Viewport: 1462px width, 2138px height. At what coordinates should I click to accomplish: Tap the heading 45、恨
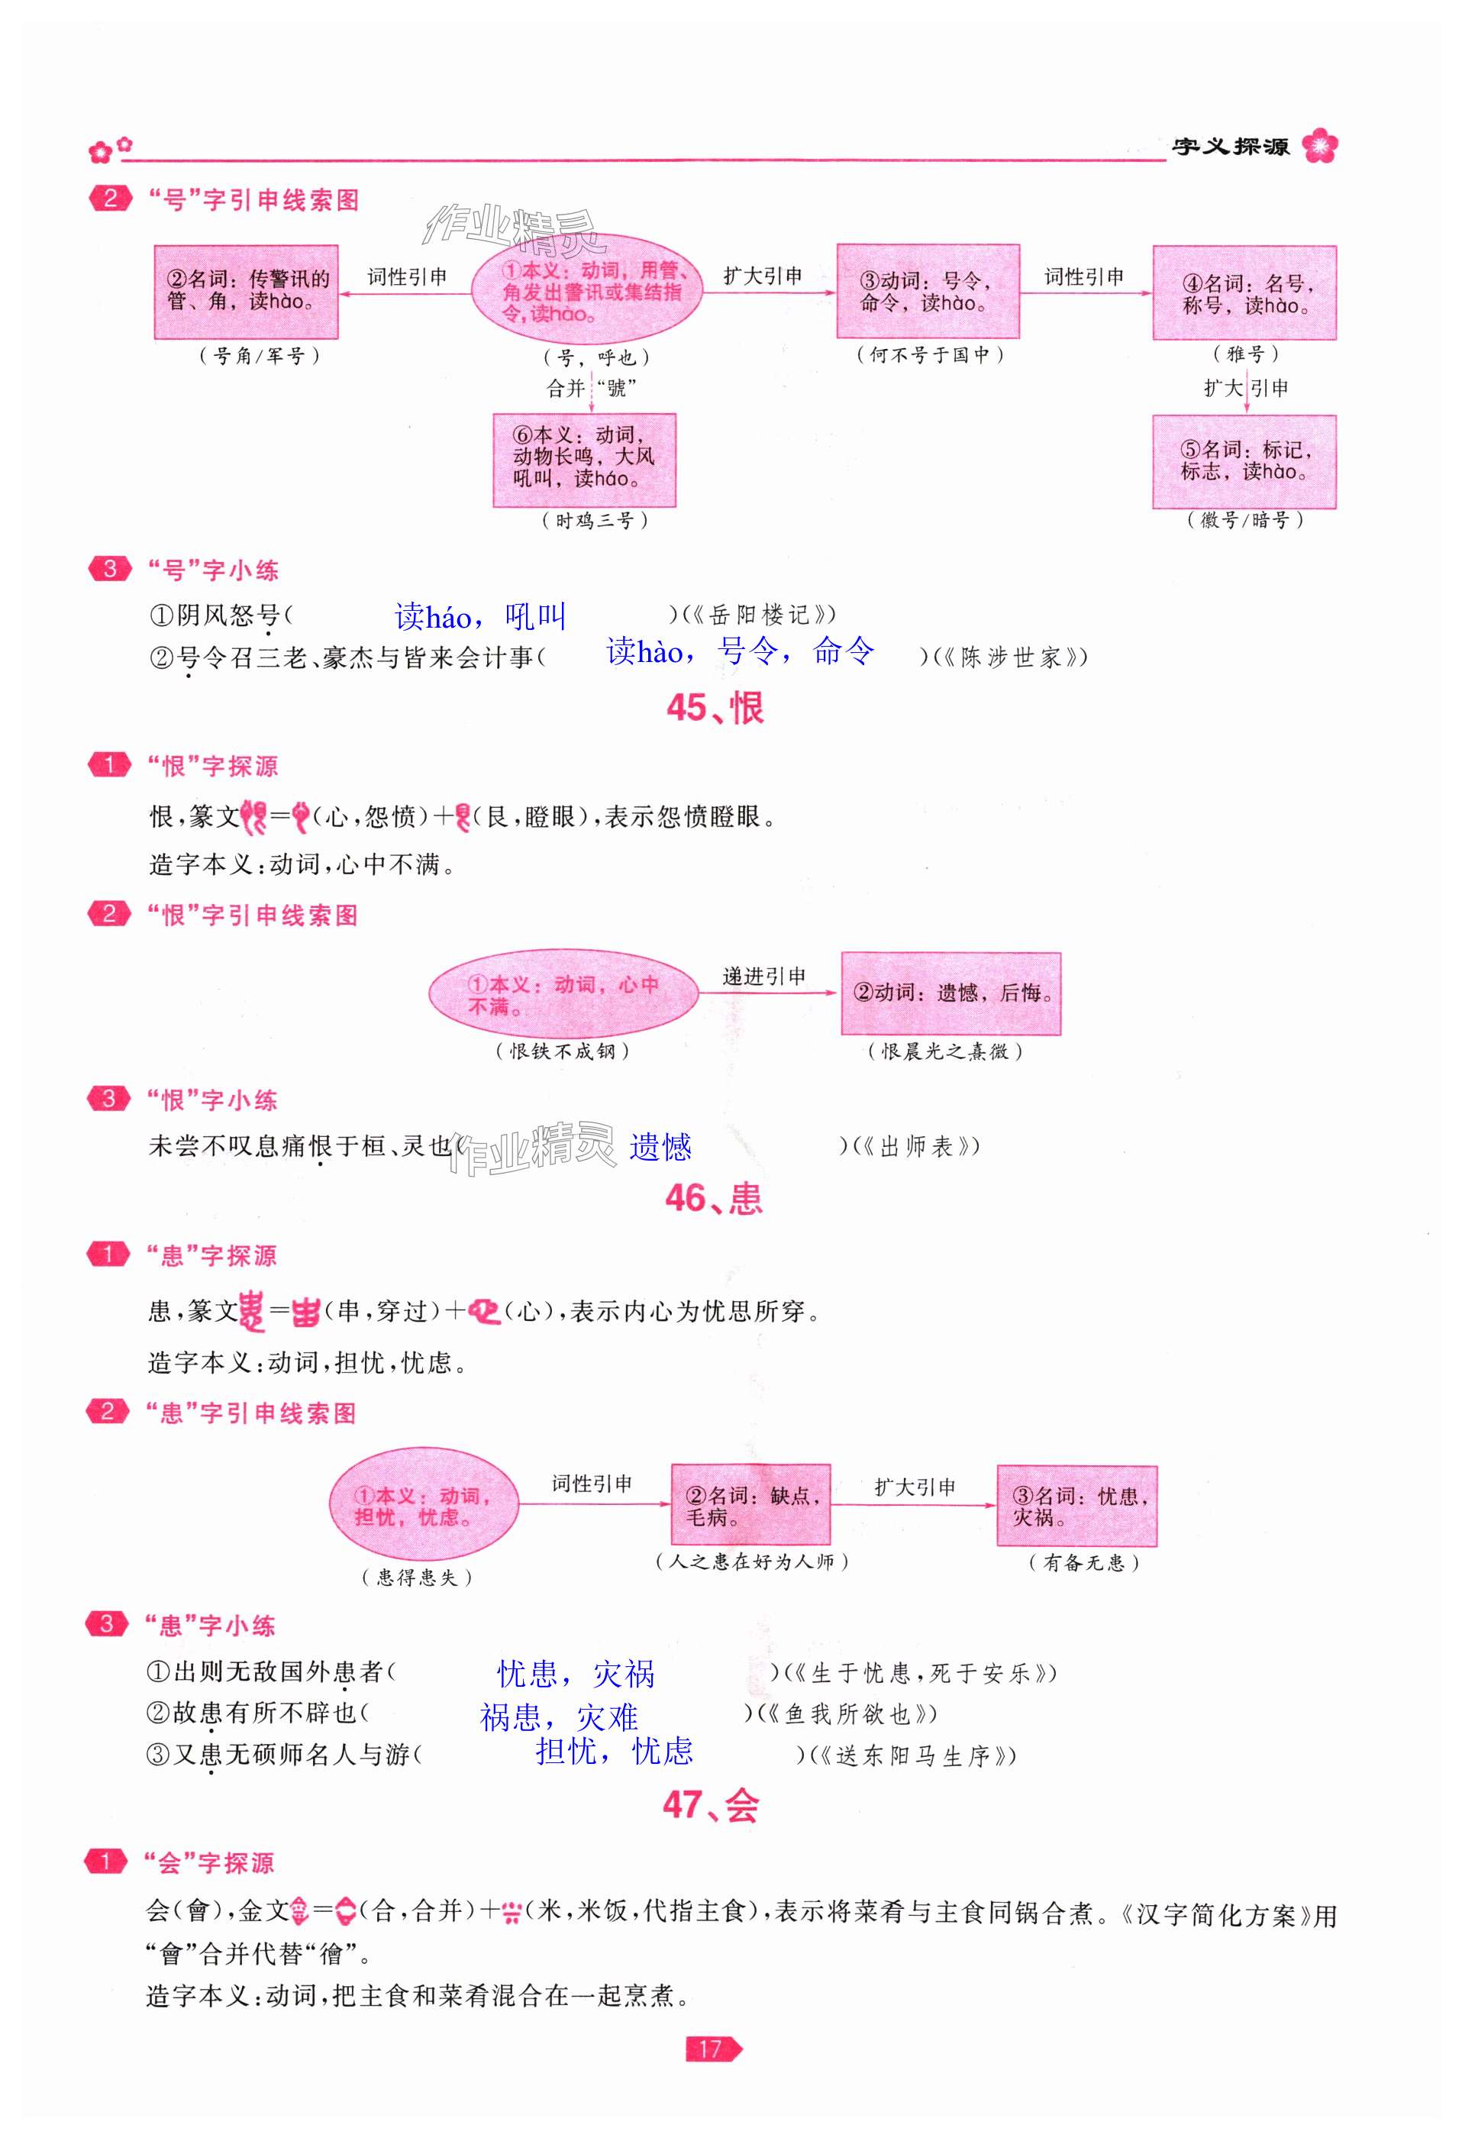tap(715, 709)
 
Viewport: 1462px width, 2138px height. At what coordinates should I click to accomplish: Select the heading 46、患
tap(713, 1198)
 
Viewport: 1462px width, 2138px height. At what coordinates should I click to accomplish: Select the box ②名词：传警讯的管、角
tap(246, 292)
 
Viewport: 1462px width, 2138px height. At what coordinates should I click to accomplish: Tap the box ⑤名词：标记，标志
tap(1243, 461)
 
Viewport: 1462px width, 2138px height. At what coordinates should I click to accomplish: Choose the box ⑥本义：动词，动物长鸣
tap(584, 459)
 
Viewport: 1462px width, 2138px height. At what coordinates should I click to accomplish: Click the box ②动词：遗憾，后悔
tap(950, 993)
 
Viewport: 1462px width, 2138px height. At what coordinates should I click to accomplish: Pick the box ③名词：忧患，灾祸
tap(1076, 1506)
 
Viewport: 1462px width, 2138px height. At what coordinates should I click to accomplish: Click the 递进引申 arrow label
tap(763, 976)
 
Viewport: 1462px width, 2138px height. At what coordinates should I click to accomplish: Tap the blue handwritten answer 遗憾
tap(660, 1146)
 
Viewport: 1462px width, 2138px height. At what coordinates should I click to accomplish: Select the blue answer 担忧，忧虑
tap(614, 1750)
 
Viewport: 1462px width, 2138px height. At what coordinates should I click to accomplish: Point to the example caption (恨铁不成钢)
tap(562, 1051)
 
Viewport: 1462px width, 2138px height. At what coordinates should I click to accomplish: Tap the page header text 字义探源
tap(1229, 147)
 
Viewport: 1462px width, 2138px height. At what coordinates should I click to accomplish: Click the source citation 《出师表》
tap(915, 1146)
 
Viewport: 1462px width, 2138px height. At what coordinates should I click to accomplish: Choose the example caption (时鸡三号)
tap(595, 521)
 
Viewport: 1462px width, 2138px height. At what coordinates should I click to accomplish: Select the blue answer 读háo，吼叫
tap(480, 615)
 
